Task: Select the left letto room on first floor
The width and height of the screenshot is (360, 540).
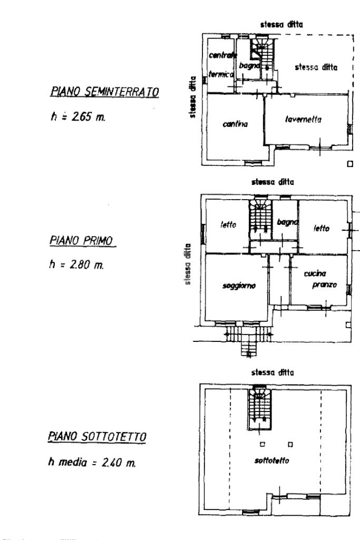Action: pyautogui.click(x=228, y=224)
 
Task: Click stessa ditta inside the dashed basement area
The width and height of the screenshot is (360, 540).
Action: pyautogui.click(x=316, y=67)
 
